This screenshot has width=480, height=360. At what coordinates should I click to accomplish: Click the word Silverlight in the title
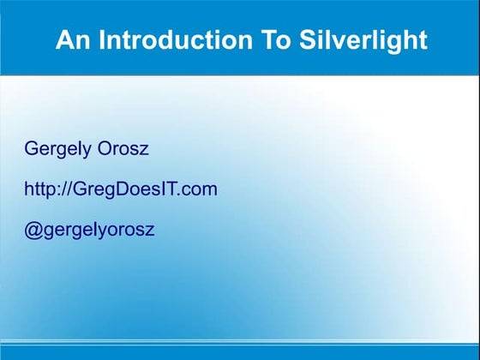[x=373, y=41]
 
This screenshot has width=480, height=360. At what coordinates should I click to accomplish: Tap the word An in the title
[x=71, y=41]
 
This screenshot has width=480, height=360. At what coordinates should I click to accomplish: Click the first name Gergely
[x=57, y=149]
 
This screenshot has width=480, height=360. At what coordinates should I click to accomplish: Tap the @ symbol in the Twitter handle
[x=32, y=230]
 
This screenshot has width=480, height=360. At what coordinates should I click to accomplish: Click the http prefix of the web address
[x=39, y=189]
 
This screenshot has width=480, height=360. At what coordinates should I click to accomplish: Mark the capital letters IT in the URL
[x=165, y=189]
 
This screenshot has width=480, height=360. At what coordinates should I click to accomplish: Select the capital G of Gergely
[x=31, y=149]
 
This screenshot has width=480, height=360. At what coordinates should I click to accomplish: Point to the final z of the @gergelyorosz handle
[x=151, y=231]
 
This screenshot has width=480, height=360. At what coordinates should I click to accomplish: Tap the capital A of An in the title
[x=63, y=41]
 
